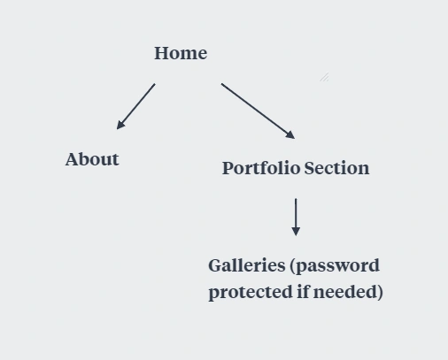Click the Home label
[x=181, y=53]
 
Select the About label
[x=92, y=159]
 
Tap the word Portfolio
[x=261, y=168]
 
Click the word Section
[x=336, y=168]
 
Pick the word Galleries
[x=247, y=265]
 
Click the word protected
[x=251, y=293]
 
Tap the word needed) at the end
[x=348, y=292]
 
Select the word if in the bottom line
[x=303, y=291]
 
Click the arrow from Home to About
[x=135, y=106]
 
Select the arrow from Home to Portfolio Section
[x=258, y=111]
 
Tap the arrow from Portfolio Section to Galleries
[x=296, y=217]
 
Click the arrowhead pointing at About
[x=120, y=125]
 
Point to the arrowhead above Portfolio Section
[x=291, y=135]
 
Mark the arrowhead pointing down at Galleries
[x=296, y=232]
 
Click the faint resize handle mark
[x=325, y=77]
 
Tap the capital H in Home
[x=162, y=53]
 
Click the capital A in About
[x=73, y=159]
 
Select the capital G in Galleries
[x=215, y=265]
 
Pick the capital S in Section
[x=309, y=168]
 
